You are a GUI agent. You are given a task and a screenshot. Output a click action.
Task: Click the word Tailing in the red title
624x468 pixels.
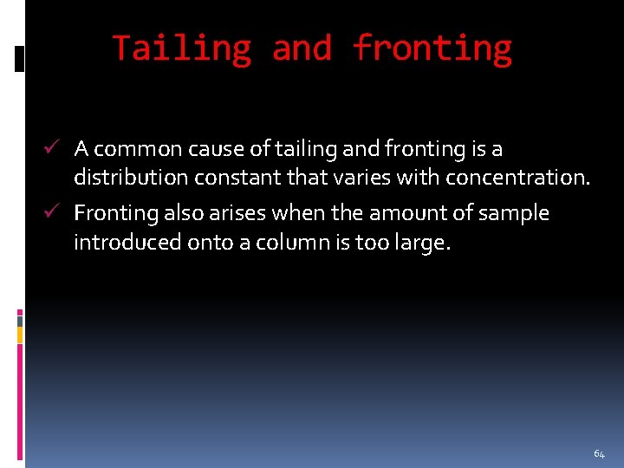[x=181, y=49]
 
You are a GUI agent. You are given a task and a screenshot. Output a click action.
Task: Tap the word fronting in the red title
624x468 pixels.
[x=432, y=49]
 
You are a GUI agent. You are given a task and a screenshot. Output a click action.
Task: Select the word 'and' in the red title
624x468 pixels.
[x=302, y=49]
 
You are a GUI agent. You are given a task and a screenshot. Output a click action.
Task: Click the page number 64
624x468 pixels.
[x=599, y=454]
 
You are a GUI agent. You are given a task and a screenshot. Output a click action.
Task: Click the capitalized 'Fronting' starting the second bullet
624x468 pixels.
[x=116, y=213]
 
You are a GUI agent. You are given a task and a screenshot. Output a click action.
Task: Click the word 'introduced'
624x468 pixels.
[x=127, y=242]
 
